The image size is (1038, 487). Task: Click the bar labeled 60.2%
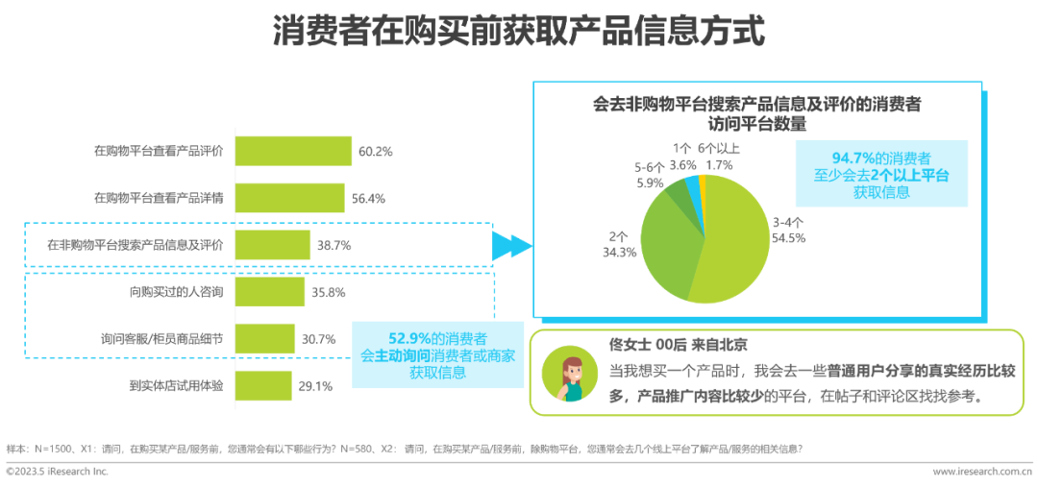point(293,151)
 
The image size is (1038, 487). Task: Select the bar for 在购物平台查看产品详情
point(289,198)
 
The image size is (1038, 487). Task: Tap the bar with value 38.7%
point(272,245)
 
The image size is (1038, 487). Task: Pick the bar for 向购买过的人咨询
point(269,292)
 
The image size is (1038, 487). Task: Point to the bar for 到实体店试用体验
point(263,386)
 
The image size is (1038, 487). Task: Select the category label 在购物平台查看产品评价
point(159,151)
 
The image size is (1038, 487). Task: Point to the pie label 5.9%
point(650,183)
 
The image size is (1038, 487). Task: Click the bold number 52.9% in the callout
point(409,338)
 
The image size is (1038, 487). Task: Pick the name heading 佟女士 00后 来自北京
point(680,344)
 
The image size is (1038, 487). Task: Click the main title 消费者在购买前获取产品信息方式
point(519,31)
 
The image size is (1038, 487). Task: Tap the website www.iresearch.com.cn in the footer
point(982,472)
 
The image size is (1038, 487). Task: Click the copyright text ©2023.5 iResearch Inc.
point(58,472)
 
